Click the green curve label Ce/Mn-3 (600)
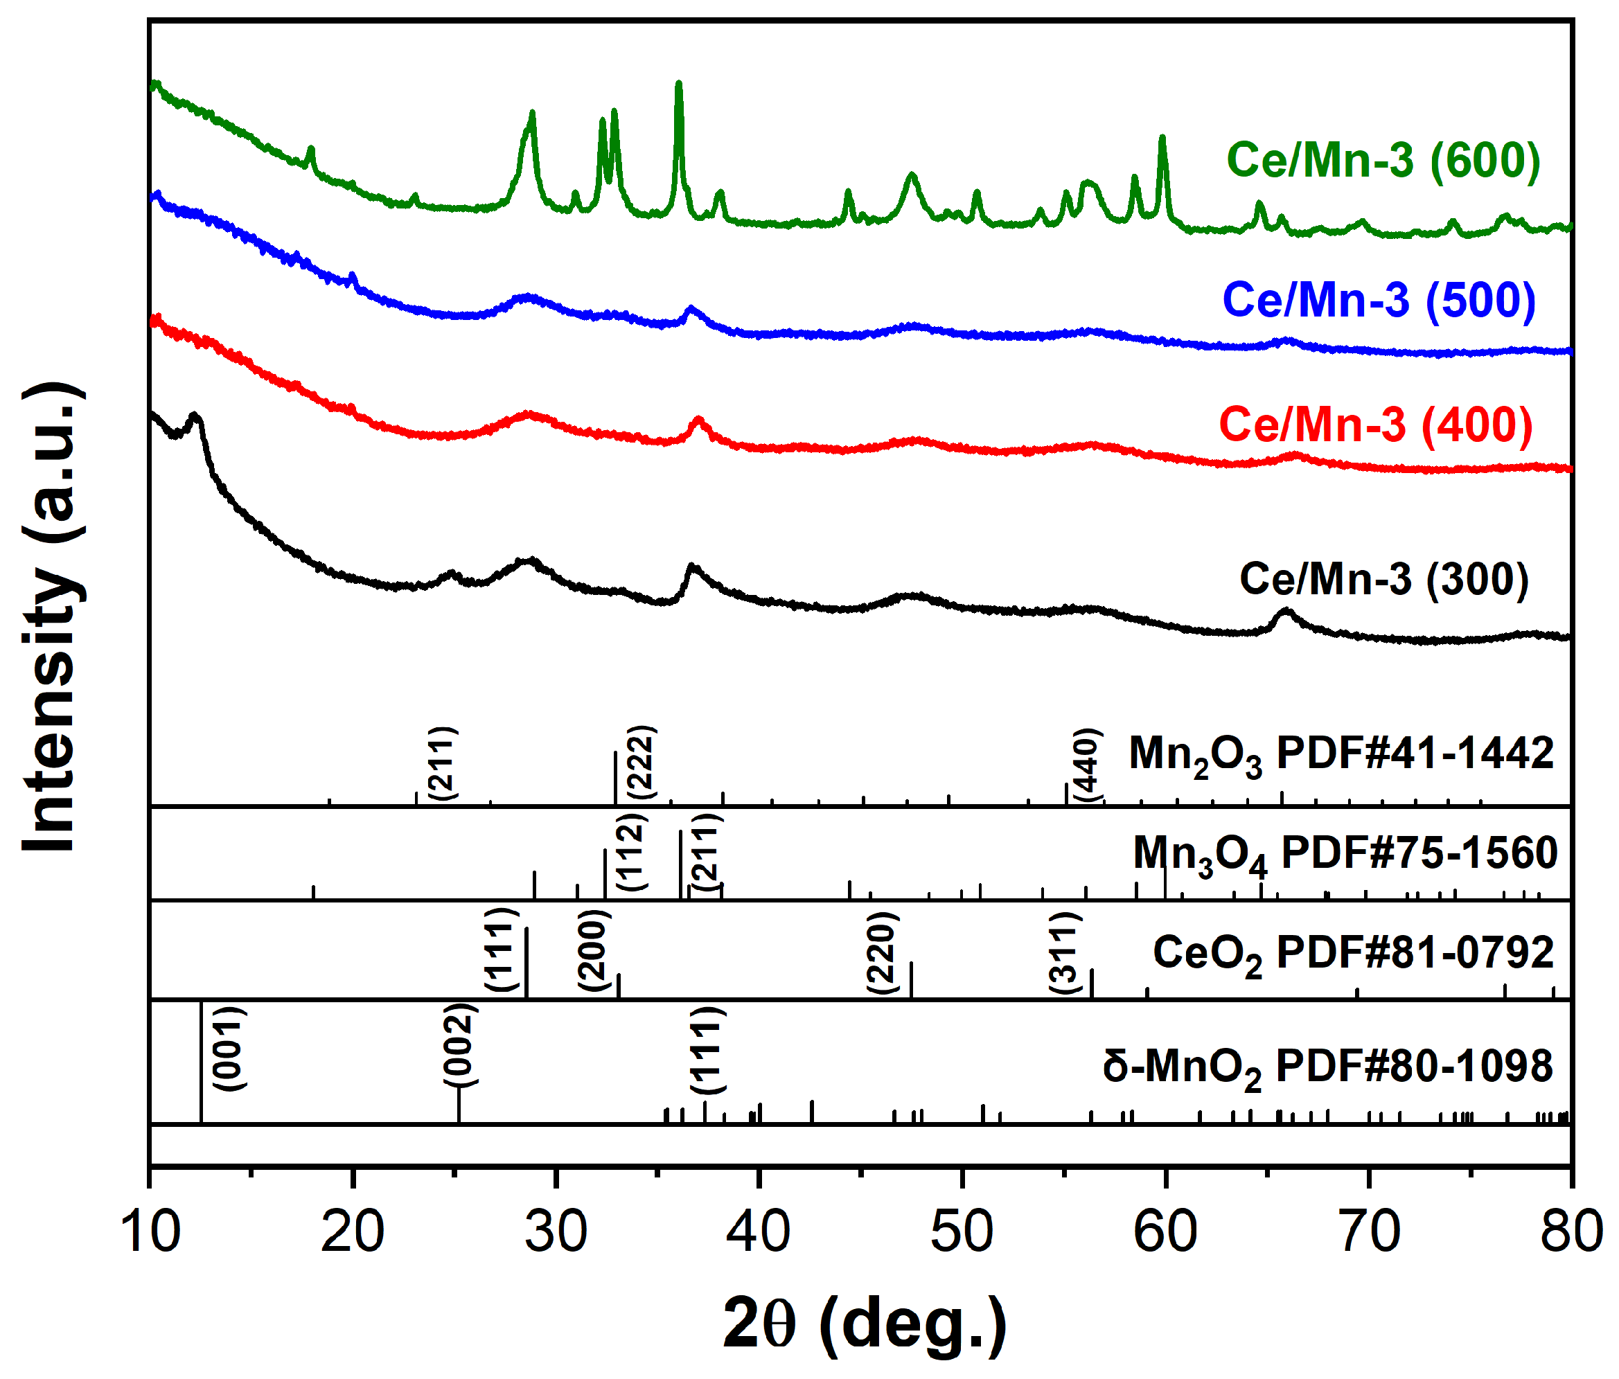click(x=1383, y=161)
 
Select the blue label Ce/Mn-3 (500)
click(x=1379, y=301)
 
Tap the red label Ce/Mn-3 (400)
click(x=1376, y=426)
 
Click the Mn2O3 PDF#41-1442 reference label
click(x=1341, y=756)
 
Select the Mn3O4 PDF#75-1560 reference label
click(x=1345, y=854)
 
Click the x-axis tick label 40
click(x=759, y=1233)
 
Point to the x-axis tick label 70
click(x=1369, y=1233)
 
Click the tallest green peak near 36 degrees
click(x=678, y=84)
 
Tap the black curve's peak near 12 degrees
click(x=195, y=416)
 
